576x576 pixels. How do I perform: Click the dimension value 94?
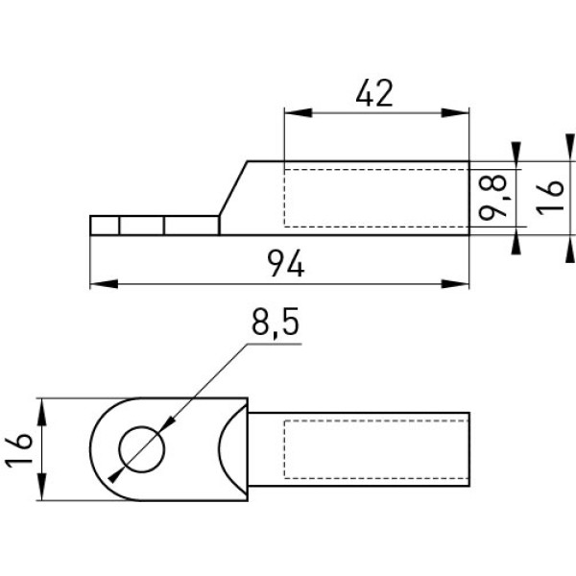[285, 262]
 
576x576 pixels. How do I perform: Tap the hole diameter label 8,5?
[273, 327]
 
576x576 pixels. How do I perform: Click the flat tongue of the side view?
[154, 226]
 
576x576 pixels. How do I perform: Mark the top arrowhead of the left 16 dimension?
[43, 409]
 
